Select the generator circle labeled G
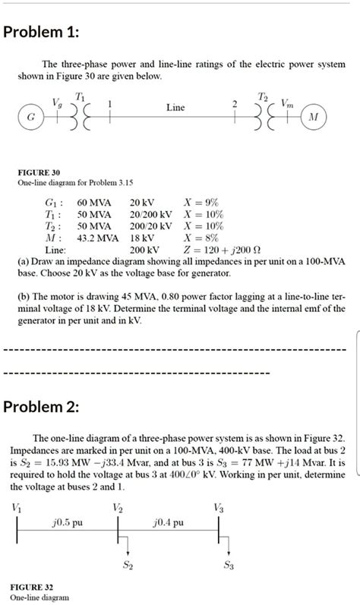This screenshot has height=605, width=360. coord(30,119)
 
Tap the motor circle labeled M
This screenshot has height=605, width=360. coord(313,119)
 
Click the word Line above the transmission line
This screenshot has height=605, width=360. coord(175,108)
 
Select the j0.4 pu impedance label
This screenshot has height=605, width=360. coord(168,523)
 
